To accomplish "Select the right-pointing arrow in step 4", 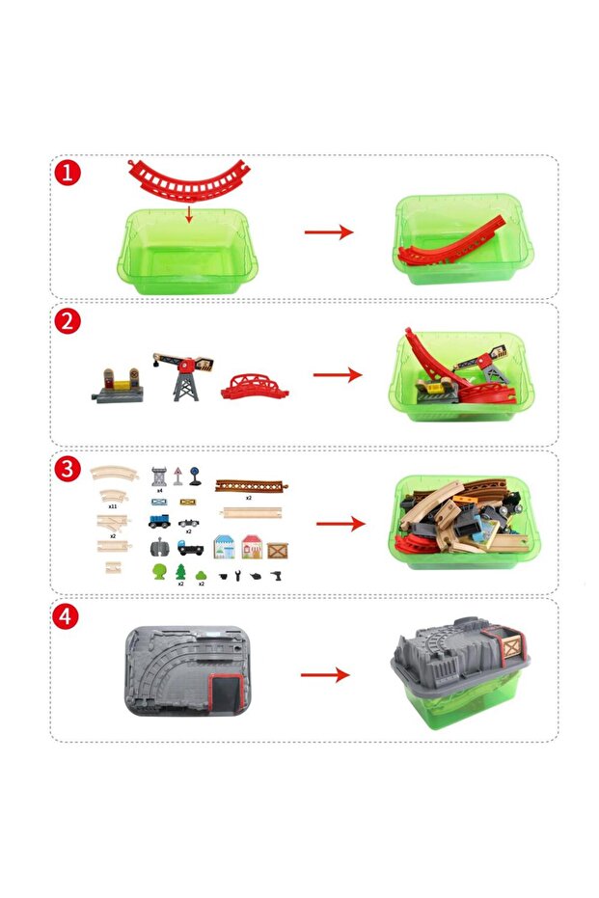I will click(x=324, y=675).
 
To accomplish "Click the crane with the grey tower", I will click(x=180, y=375).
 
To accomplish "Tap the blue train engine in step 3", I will click(x=160, y=522).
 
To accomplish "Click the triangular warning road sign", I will click(x=180, y=475).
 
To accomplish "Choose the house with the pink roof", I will click(x=253, y=545).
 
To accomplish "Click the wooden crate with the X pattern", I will click(x=278, y=549).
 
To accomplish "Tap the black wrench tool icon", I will click(x=240, y=576).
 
